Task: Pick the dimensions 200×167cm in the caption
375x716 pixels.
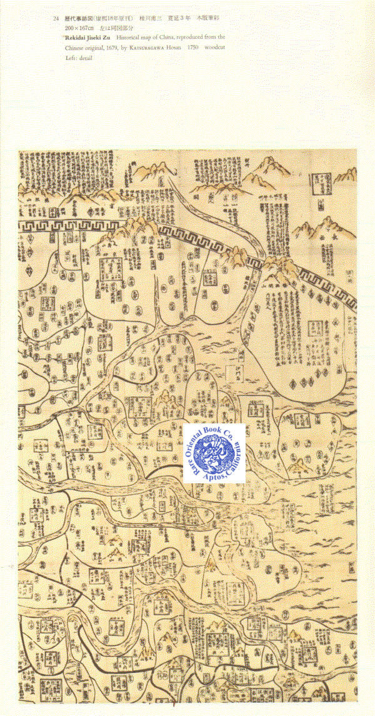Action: [78, 29]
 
